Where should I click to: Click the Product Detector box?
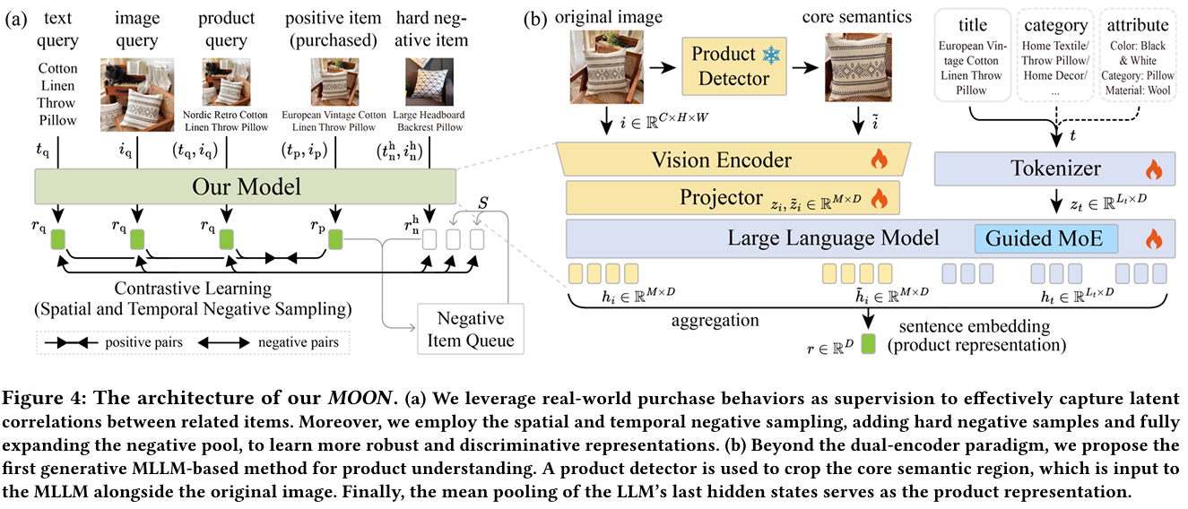click(x=730, y=67)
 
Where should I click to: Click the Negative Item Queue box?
click(x=471, y=329)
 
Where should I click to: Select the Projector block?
click(x=731, y=198)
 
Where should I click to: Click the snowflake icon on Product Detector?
click(x=770, y=56)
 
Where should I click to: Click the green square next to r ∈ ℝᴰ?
click(x=868, y=341)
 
